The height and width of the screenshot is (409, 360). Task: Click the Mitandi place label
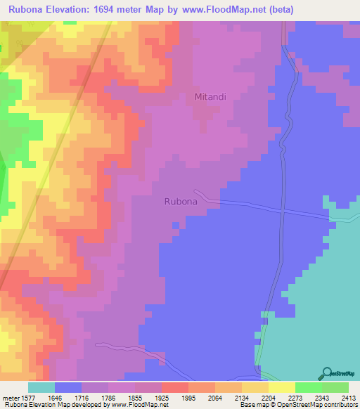(210, 97)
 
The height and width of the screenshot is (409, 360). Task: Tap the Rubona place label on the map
(185, 201)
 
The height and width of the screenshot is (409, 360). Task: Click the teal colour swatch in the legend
(41, 387)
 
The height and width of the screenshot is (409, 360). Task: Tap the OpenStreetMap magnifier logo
(326, 373)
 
